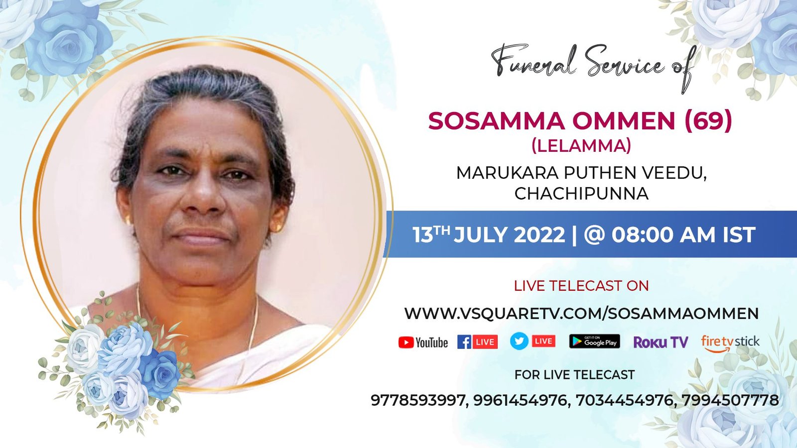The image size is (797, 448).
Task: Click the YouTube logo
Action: click(x=423, y=343)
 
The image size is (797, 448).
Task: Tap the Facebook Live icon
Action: click(x=478, y=342)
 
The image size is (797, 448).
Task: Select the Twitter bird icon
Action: click(x=519, y=341)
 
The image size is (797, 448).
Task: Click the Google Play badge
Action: click(x=595, y=341)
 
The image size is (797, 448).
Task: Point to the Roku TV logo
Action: click(x=661, y=342)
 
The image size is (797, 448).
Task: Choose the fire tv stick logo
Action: click(x=730, y=343)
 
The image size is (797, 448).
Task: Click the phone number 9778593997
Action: click(x=418, y=400)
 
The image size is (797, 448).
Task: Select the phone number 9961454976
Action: click(x=520, y=400)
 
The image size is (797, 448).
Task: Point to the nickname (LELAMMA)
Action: click(x=581, y=146)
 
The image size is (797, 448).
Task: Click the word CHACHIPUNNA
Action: click(x=581, y=194)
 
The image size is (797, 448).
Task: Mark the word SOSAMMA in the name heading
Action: click(x=496, y=121)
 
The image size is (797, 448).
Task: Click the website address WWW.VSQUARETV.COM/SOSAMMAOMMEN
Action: click(x=581, y=314)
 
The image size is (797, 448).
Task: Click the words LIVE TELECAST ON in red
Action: click(x=581, y=286)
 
